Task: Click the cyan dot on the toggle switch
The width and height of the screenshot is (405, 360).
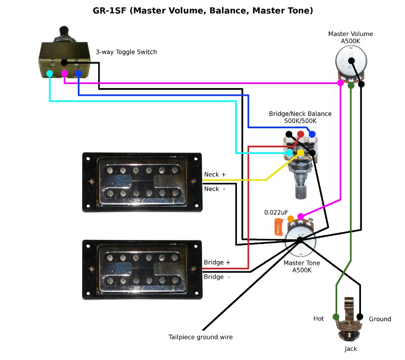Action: pos(50,74)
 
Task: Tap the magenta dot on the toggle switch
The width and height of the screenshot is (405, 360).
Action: pos(64,74)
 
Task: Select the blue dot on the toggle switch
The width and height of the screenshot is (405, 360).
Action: pos(78,74)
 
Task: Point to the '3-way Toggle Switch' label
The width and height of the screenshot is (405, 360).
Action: pos(126,52)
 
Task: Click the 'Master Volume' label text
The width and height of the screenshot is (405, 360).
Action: pos(350,34)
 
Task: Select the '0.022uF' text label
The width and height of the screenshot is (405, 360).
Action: pos(276,212)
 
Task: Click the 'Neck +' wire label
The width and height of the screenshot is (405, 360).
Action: pos(215,175)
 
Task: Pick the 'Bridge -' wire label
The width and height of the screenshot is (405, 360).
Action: pos(217,277)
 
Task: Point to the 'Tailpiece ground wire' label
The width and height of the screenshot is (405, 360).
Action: pos(200,337)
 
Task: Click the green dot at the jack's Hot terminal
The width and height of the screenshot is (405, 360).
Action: pos(336,317)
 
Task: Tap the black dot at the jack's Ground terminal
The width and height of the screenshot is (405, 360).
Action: pos(360,317)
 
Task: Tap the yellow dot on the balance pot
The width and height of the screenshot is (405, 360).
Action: pos(301,152)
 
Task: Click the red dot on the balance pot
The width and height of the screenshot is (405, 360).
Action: pos(301,134)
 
